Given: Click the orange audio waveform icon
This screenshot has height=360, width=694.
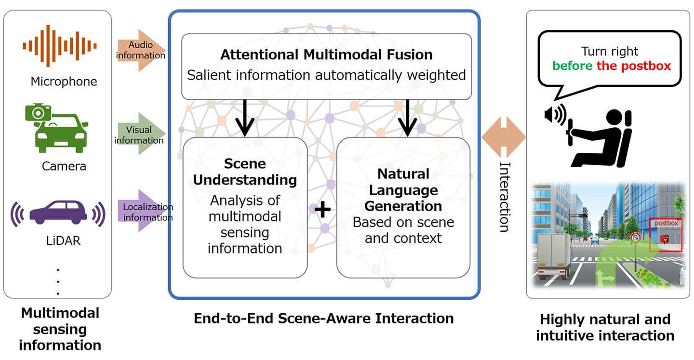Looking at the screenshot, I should [x=60, y=46].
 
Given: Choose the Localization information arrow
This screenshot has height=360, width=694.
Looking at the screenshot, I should [x=143, y=212].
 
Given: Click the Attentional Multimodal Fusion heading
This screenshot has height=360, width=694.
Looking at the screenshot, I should [x=326, y=54].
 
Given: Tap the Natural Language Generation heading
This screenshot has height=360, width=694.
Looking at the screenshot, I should [x=403, y=189].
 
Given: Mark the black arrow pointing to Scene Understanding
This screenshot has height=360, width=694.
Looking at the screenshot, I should [x=245, y=119].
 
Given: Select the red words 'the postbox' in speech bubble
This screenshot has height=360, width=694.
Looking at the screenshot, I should [x=634, y=66].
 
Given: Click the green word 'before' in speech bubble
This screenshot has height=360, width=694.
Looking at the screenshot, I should [x=573, y=66].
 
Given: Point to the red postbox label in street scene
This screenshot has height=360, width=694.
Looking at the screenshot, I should [x=666, y=224].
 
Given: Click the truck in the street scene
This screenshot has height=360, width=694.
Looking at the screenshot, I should [x=552, y=255].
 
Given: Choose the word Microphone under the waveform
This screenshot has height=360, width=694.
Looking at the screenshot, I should [x=64, y=81].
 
